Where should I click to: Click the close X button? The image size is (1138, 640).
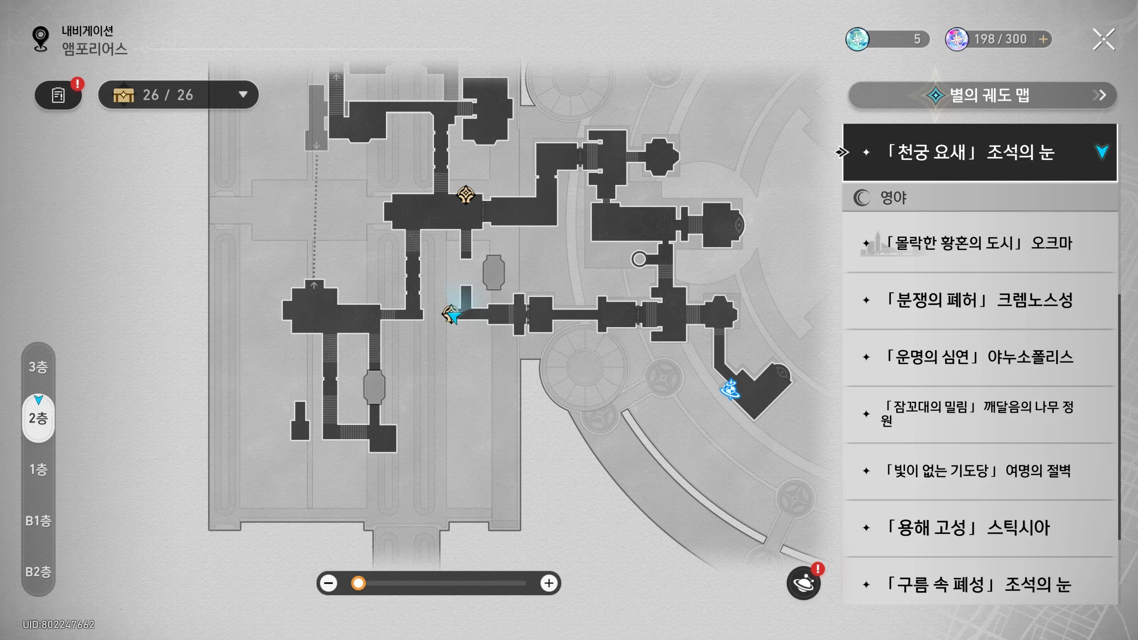1104,40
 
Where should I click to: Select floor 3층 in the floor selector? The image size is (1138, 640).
38,367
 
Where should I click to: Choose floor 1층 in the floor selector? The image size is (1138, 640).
38,469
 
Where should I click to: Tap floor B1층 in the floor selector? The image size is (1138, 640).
38,520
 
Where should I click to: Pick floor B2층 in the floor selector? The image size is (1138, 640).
38,572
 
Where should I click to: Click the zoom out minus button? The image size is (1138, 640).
329,583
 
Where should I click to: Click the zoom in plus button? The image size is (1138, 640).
549,583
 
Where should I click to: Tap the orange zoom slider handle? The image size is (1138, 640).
358,583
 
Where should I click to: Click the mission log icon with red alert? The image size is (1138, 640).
58,95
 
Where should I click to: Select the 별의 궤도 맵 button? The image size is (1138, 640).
982,95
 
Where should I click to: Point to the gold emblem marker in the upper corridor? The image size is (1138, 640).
466,195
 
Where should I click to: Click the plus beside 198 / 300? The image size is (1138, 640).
1043,40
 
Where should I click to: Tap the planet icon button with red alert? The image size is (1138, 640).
804,583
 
